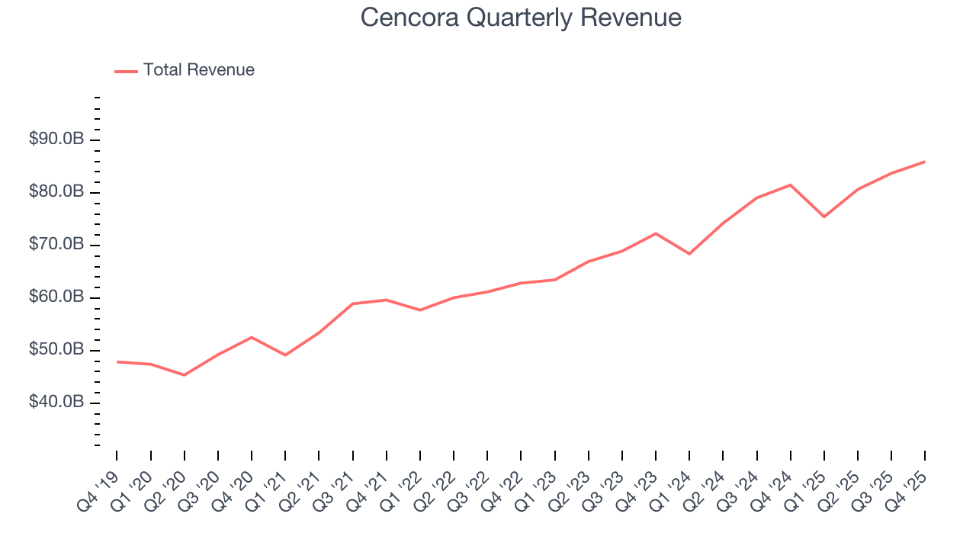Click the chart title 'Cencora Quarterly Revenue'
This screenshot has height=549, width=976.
coord(521,18)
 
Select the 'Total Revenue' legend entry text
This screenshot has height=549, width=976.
coord(198,70)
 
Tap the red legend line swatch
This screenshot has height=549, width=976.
coord(126,71)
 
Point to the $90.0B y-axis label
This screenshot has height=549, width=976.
coord(56,140)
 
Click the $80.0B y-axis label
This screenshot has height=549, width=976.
coord(56,192)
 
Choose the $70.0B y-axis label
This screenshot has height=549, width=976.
coord(56,245)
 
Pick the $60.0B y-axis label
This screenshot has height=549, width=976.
coord(56,297)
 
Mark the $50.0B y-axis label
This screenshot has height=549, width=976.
coord(56,350)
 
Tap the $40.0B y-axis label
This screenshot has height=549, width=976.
coord(56,402)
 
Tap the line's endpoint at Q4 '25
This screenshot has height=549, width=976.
coord(925,162)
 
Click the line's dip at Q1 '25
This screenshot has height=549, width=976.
coord(824,217)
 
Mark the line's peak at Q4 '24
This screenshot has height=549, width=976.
coord(791,185)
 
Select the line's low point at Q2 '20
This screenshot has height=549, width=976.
coord(185,375)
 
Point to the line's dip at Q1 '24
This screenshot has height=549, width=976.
coord(689,254)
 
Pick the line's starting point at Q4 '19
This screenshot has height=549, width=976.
coord(117,361)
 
